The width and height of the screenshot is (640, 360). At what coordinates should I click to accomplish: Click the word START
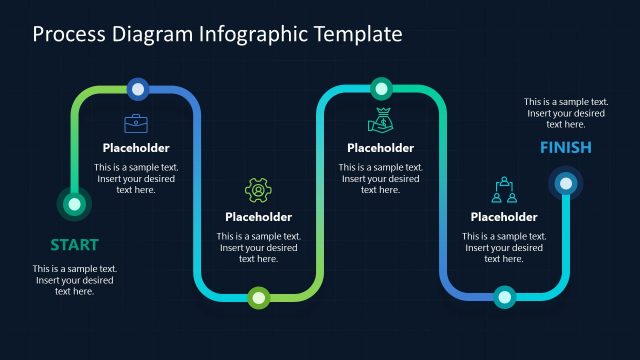point(74,244)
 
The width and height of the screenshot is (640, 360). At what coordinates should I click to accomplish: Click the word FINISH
point(565,148)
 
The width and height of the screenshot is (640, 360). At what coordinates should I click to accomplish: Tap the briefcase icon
point(135,123)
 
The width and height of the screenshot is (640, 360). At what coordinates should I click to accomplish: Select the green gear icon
point(258,190)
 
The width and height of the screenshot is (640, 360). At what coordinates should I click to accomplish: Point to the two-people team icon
point(503,190)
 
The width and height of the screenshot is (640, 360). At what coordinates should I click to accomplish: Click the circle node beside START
point(73,204)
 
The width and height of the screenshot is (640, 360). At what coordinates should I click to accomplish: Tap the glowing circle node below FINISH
point(566,183)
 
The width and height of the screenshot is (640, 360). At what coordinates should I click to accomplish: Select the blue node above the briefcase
point(138,89)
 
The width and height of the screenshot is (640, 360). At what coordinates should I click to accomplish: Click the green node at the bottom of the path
point(259,296)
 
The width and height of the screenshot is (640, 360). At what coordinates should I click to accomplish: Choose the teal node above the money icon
point(380,88)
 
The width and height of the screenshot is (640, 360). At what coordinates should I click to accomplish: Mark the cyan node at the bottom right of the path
point(503,296)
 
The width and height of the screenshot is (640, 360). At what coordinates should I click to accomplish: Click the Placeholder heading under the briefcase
point(136,148)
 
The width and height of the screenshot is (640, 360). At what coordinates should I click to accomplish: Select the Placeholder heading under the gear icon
point(258,217)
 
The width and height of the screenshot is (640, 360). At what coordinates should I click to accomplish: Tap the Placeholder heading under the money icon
point(380,148)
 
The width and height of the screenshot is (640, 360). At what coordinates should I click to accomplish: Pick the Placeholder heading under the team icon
point(503,217)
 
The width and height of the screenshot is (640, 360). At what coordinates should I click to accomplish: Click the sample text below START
point(75,280)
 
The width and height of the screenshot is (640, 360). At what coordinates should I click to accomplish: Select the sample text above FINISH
point(566,113)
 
